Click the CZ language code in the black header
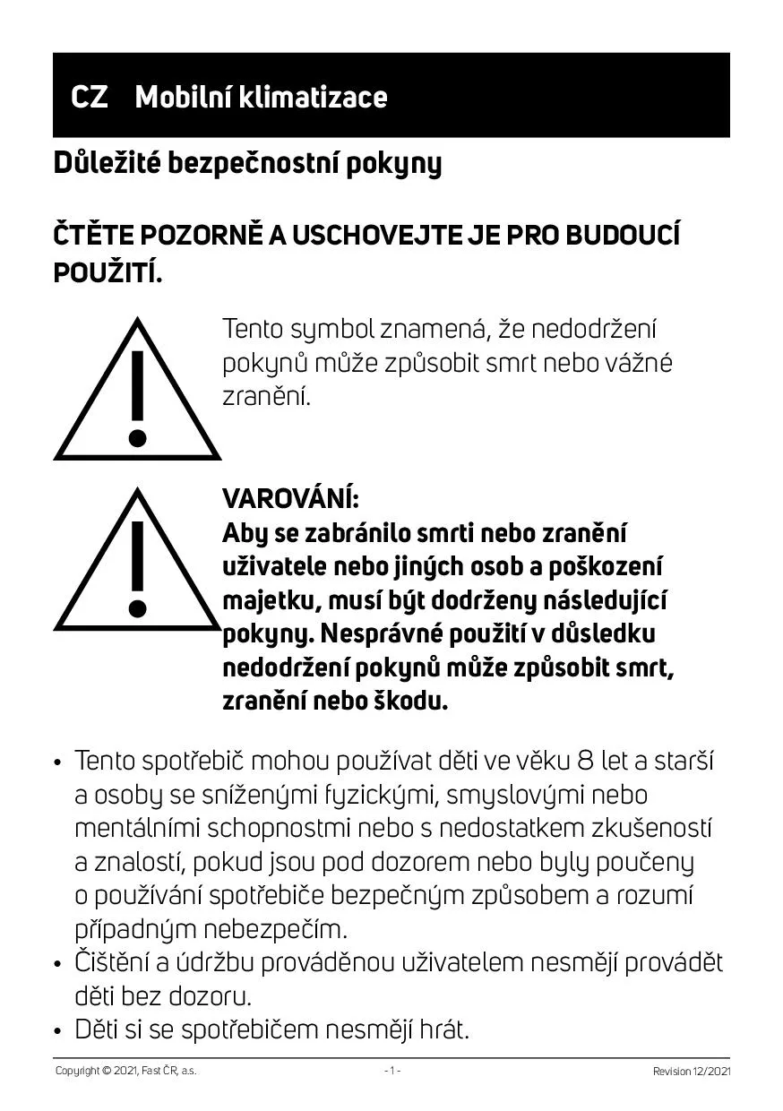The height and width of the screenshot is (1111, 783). click(x=90, y=97)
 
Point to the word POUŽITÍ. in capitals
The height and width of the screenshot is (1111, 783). click(x=108, y=272)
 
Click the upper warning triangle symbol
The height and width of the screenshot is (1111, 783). click(x=137, y=393)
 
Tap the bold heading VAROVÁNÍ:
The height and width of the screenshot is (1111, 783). click(x=290, y=497)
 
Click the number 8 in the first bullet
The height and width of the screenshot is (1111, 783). click(x=586, y=762)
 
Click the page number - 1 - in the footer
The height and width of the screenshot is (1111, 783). click(x=391, y=1071)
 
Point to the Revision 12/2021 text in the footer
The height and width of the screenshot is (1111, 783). click(x=692, y=1071)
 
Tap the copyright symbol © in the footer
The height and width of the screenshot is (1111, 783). click(x=106, y=1071)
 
